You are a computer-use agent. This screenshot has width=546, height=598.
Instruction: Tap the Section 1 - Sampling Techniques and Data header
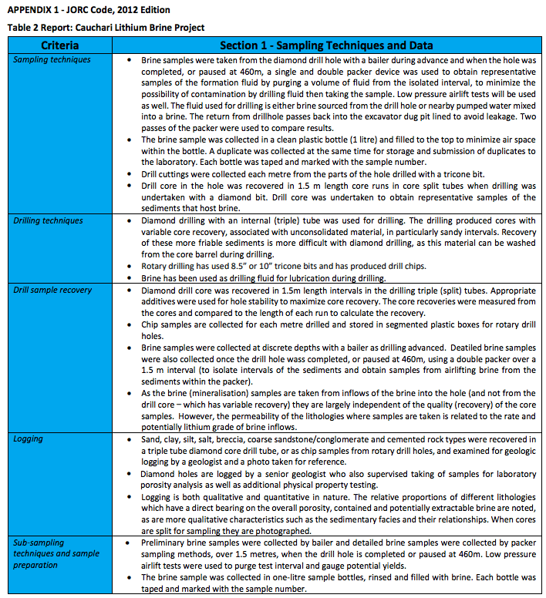click(x=326, y=45)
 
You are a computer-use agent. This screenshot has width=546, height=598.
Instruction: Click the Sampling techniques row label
click(x=52, y=59)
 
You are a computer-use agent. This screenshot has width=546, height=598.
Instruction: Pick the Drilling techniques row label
click(x=49, y=221)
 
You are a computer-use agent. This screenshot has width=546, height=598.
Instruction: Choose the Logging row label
click(x=29, y=438)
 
